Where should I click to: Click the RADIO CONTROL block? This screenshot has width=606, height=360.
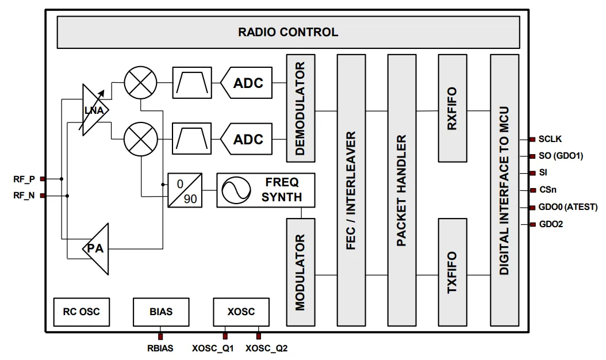287,32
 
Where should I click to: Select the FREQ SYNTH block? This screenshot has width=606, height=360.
266,190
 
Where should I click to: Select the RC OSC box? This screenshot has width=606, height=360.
81,312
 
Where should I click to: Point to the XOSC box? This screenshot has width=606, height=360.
241,312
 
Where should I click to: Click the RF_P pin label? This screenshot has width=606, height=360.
24,179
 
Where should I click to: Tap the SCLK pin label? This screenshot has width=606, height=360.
550,139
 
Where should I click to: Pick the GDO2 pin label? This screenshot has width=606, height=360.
551,224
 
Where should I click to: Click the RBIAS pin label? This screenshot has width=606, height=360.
160,348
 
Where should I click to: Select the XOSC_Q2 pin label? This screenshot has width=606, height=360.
267,348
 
